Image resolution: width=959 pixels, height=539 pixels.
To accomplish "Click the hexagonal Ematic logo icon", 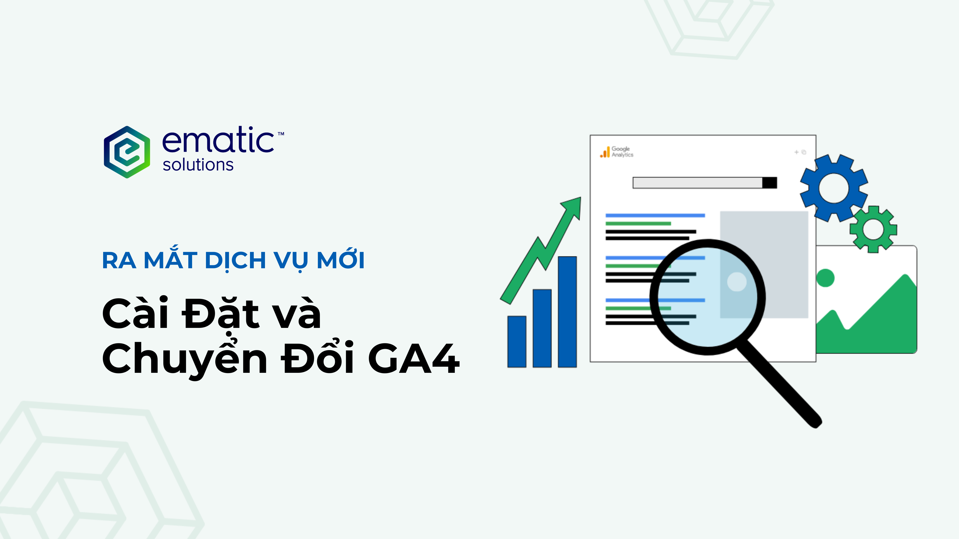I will coord(127,152).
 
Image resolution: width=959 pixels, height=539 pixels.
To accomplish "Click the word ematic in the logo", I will coord(218,140).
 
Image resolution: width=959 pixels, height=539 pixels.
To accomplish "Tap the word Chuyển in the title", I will coord(185,359).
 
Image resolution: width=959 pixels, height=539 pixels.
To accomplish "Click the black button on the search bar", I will coord(769,183).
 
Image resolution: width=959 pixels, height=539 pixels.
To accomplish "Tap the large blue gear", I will coord(834,188).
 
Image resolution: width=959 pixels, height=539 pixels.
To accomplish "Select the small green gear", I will coord(873,229).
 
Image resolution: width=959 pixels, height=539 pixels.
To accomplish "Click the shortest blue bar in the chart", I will coord(517,341).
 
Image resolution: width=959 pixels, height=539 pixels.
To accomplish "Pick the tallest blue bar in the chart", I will coord(567,312).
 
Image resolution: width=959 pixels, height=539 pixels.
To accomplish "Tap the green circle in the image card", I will coord(825,278).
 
